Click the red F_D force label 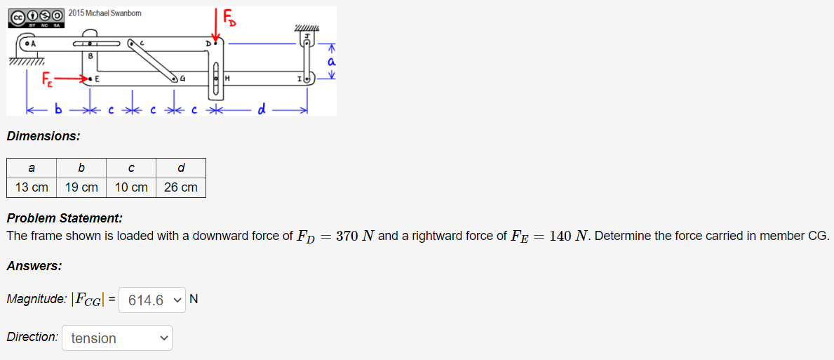point(229,18)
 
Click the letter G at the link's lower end point(183,79)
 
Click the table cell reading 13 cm point(32,187)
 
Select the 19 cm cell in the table point(81,187)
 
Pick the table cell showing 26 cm point(181,187)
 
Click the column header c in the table point(131,168)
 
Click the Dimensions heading point(43,136)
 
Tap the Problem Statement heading point(65,218)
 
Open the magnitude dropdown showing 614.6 point(153,300)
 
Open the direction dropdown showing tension point(117,338)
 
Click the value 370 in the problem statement point(348,236)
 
